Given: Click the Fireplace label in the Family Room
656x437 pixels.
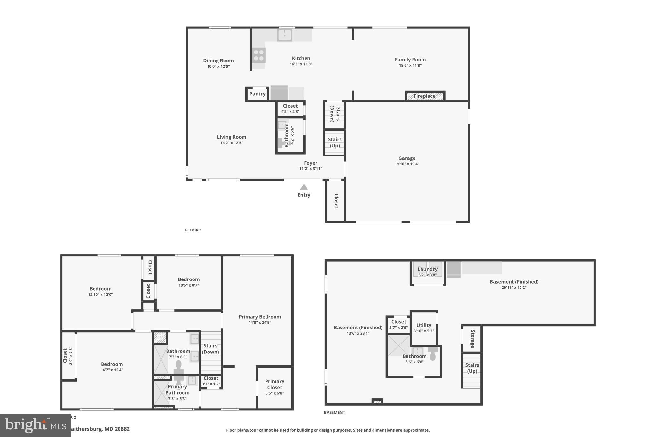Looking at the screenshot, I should click(424, 96).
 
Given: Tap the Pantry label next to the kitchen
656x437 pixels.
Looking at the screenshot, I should click(257, 94).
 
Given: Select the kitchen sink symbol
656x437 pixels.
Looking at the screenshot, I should click(284, 35).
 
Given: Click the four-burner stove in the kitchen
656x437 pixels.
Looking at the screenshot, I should click(259, 55).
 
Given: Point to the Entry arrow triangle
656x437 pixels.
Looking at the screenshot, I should click(304, 187).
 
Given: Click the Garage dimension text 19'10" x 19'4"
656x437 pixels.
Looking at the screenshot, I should click(407, 164).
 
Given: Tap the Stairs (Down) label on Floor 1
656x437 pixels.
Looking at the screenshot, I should click(335, 114).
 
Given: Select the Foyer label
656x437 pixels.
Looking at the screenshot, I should click(310, 163).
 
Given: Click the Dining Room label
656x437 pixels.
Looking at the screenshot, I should click(218, 61).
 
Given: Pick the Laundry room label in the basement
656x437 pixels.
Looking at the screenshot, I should click(427, 269).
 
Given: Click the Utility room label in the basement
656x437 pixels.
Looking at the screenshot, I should click(424, 325).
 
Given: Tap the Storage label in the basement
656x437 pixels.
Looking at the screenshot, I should click(472, 339).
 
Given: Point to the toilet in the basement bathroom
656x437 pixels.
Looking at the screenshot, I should click(432, 354).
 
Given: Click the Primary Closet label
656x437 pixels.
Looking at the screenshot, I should click(275, 384).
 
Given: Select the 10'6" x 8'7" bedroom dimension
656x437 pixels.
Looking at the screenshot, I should click(189, 285).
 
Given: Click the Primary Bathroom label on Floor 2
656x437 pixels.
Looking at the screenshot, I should click(177, 390).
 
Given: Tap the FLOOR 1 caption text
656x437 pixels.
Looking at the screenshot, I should click(193, 230).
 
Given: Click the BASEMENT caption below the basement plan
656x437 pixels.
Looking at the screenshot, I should click(334, 412).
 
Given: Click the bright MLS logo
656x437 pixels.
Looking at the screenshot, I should click(35, 425).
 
